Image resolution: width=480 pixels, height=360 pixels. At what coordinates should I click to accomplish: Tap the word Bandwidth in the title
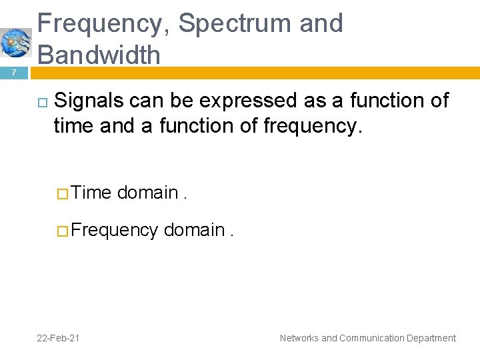tap(99, 55)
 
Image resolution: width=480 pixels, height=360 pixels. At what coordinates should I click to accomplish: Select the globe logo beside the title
tap(15, 43)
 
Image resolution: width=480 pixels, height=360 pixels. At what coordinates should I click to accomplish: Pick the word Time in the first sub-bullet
tap(91, 193)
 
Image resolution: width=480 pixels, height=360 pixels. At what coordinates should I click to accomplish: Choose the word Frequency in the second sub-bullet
tap(114, 230)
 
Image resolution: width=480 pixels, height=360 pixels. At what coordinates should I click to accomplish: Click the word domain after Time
tap(147, 193)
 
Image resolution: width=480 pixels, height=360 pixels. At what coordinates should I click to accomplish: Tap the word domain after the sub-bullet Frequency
tap(194, 230)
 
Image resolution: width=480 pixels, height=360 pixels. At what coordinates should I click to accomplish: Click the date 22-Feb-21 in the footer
tap(58, 338)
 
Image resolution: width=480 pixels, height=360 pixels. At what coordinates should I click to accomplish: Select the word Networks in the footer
tap(299, 338)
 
